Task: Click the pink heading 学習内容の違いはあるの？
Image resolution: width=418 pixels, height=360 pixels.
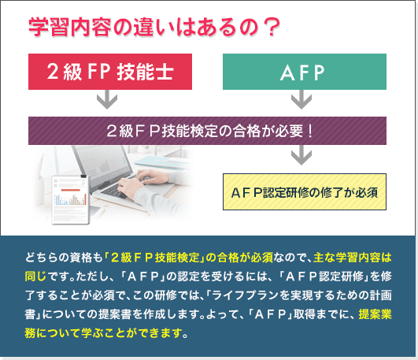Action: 154,28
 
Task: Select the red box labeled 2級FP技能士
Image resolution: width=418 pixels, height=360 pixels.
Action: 110,72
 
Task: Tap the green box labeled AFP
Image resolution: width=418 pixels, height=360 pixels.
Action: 305,72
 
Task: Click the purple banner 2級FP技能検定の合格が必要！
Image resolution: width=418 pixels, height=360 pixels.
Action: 207,131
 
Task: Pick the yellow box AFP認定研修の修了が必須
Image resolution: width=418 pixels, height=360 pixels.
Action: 305,192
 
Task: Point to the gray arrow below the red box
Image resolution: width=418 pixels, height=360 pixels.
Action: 107,99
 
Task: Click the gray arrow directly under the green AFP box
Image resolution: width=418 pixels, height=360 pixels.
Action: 301,99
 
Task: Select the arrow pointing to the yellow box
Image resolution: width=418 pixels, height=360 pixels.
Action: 301,155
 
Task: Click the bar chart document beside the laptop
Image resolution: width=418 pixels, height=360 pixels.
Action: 71,199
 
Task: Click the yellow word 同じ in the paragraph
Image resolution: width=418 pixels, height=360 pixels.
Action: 35,276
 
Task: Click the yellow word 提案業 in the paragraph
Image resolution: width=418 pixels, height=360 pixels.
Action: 375,314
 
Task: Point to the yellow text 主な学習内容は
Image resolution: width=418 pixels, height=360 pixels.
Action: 353,258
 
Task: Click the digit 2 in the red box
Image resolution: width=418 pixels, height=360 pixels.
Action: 53,72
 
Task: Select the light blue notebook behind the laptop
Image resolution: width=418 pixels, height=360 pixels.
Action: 163,161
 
